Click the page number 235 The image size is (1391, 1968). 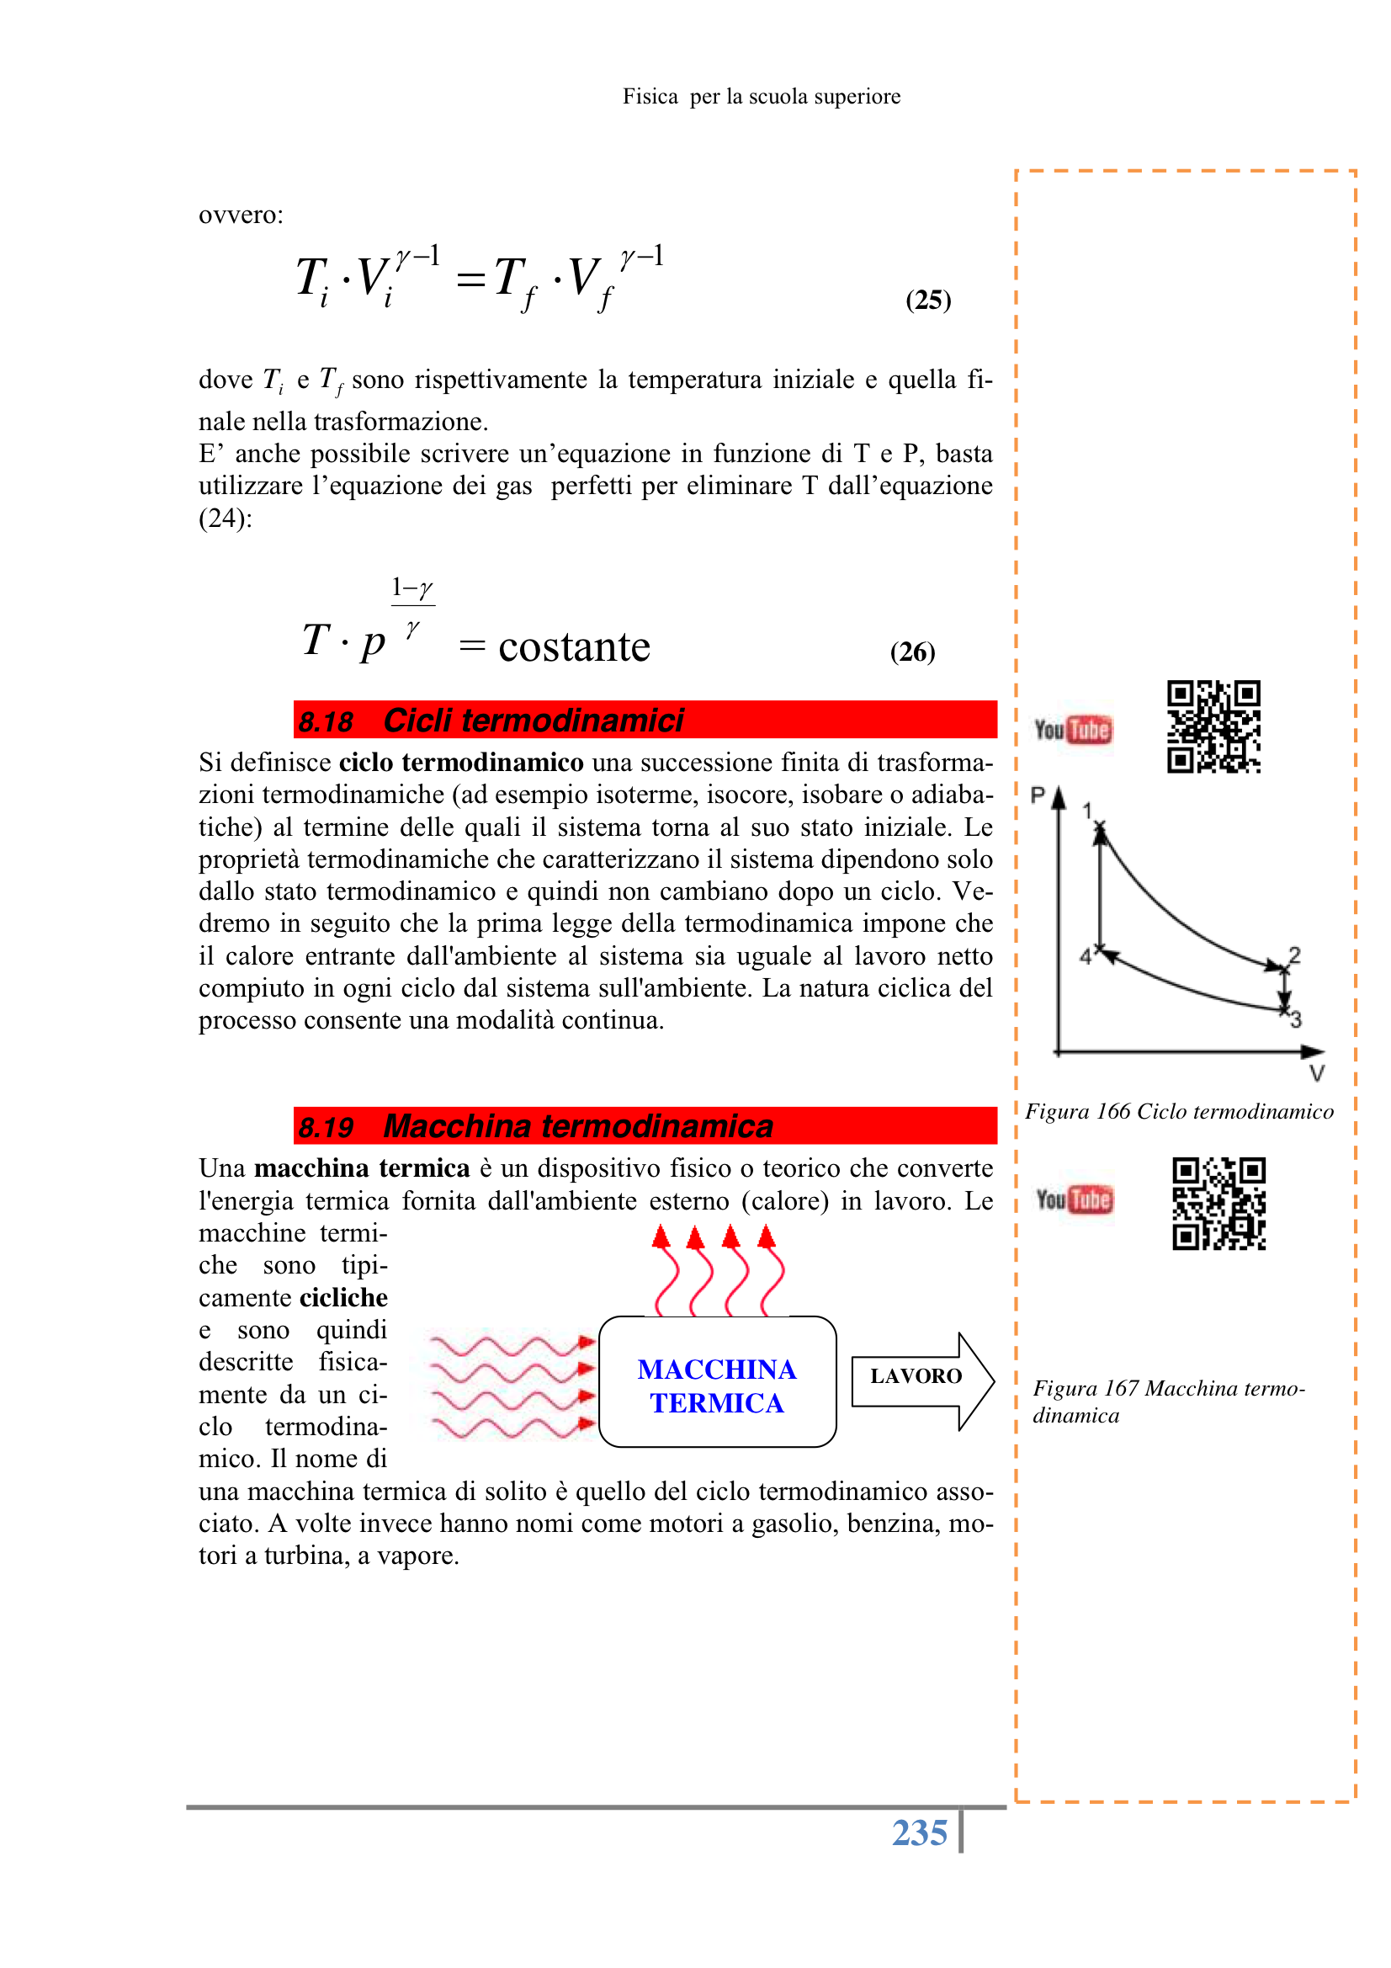tap(919, 1832)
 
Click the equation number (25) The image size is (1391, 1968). tap(927, 299)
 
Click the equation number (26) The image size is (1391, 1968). tap(912, 652)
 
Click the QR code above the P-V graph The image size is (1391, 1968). tap(1213, 727)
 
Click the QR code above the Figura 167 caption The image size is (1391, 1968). tap(1218, 1204)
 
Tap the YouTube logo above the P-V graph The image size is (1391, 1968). tap(1072, 730)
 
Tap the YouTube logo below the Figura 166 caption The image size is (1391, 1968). tap(1074, 1199)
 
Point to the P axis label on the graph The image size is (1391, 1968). tap(1037, 795)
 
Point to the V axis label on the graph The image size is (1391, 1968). tap(1316, 1073)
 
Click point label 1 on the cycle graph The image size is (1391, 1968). tap(1086, 810)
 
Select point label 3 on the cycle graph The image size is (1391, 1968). tap(1296, 1020)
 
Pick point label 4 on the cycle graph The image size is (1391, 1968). tap(1085, 956)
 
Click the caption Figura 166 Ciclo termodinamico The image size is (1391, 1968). tap(1179, 1112)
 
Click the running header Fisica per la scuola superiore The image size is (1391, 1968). tap(761, 97)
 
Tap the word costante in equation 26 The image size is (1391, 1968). tap(573, 647)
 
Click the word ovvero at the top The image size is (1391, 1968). tap(240, 215)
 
